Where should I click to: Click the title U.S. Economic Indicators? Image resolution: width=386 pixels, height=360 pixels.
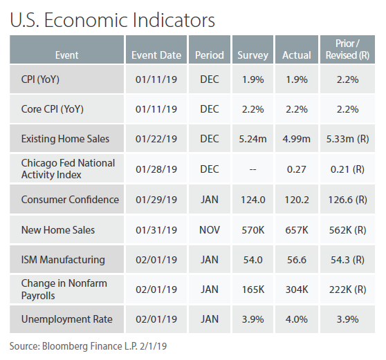(x=112, y=19)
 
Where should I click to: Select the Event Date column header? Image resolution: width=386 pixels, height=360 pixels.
(x=156, y=55)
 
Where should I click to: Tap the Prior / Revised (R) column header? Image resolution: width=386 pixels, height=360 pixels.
(x=347, y=49)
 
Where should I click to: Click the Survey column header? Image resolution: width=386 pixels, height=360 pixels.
(x=252, y=55)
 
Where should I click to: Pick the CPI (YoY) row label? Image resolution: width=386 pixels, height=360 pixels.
(x=40, y=79)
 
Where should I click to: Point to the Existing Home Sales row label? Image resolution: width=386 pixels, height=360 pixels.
(x=65, y=139)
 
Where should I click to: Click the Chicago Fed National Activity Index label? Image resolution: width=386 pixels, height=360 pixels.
(x=68, y=169)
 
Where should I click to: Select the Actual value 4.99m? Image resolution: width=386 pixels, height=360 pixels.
(x=296, y=139)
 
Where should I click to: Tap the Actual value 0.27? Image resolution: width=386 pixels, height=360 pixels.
(x=296, y=169)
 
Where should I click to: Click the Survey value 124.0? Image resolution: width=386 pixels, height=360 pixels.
(x=252, y=200)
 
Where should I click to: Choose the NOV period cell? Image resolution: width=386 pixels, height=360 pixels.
(x=210, y=230)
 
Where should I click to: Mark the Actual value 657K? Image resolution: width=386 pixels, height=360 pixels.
(x=297, y=230)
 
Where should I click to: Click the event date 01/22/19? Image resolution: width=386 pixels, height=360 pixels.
(x=156, y=139)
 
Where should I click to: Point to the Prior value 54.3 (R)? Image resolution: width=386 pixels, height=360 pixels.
(x=347, y=260)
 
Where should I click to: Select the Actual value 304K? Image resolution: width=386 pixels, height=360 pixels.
(x=297, y=290)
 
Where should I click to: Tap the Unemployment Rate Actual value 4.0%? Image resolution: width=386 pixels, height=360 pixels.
(x=296, y=319)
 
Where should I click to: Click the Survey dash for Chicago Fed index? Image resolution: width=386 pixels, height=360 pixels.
(x=252, y=169)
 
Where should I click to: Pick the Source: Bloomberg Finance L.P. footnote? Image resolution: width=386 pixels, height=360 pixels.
(x=88, y=346)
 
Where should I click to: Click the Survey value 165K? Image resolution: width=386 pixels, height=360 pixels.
(x=252, y=290)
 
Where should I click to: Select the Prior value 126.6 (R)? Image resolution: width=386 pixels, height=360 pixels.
(x=347, y=200)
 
